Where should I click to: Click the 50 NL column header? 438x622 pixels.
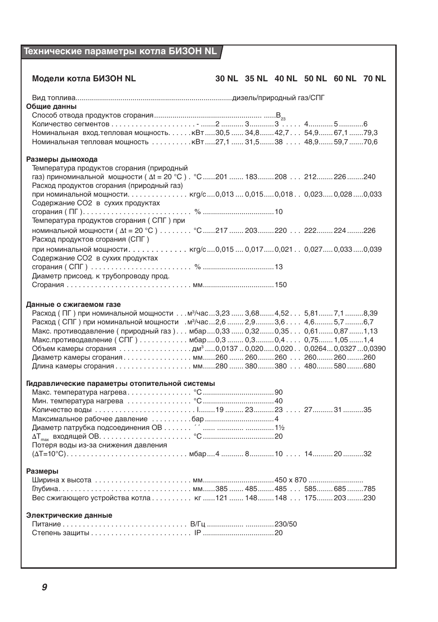tap(315, 79)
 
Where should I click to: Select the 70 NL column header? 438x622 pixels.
tap(375, 79)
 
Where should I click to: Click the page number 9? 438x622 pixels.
tap(45, 587)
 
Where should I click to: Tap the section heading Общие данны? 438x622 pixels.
tap(51, 107)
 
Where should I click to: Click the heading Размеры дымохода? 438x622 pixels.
tap(62, 159)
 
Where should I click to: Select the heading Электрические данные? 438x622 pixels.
tap(69, 515)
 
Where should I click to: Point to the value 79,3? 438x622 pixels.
tap(371, 133)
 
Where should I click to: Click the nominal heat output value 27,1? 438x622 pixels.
tap(222, 142)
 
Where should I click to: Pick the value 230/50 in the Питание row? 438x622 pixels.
tap(286, 524)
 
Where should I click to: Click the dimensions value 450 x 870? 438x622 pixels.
tap(291, 480)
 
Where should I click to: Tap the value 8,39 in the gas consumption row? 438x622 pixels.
tap(371, 313)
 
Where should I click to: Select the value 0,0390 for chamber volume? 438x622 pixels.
tap(374, 349)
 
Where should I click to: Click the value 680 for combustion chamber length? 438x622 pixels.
tap(369, 366)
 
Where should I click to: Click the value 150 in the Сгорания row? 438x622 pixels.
tap(281, 285)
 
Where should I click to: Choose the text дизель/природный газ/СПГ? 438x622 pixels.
tap(279, 98)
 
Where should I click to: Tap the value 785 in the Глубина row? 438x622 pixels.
tap(369, 489)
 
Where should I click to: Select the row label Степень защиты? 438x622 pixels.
tap(61, 533)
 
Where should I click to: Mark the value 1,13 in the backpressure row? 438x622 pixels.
tap(371, 331)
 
